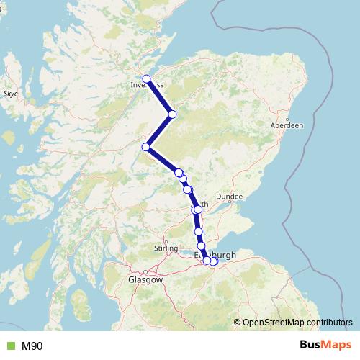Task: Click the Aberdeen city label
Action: click(x=287, y=125)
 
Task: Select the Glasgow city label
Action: click(x=145, y=279)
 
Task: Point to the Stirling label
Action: click(x=166, y=248)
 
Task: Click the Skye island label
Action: click(x=11, y=94)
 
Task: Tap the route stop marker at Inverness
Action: click(x=146, y=78)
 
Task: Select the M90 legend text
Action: click(x=32, y=346)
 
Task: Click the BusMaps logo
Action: click(x=320, y=346)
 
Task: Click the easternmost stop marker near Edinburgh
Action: click(x=214, y=261)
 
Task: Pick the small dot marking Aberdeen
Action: click(x=287, y=119)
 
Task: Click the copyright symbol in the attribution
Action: click(x=238, y=322)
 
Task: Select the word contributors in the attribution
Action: click(x=328, y=322)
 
